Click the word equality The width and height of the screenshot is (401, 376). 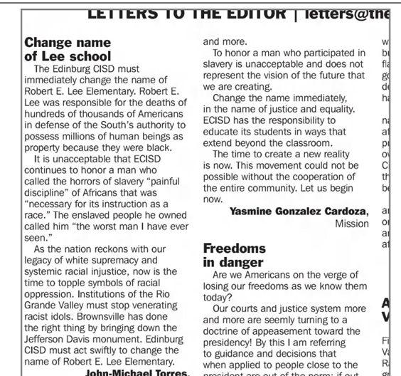(x=329, y=108)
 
